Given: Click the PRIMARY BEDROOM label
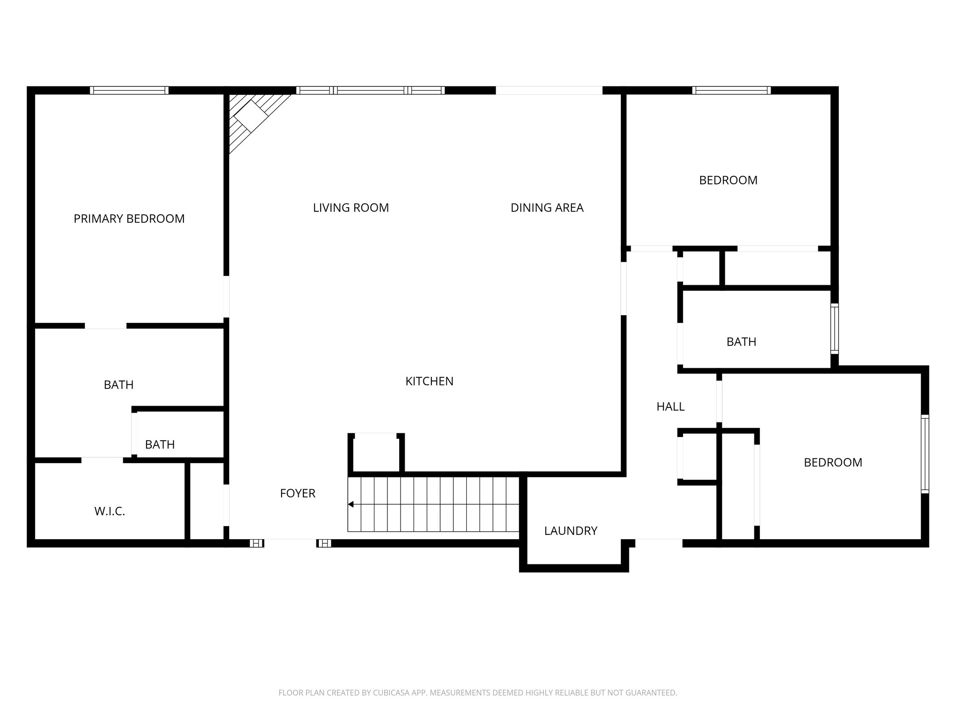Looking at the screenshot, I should coord(129,218).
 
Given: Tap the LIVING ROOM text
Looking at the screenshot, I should coord(351,208).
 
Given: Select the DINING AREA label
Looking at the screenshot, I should coord(547,208).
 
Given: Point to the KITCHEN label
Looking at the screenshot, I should coord(429,381).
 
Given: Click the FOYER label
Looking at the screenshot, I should coord(297,493).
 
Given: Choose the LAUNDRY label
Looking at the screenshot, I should coord(570,531).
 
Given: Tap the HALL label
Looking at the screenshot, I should coord(670,407).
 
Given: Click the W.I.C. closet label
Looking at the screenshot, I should coord(110,512).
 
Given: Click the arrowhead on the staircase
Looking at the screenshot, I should coord(351,504).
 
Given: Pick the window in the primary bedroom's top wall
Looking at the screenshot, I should coord(129,91).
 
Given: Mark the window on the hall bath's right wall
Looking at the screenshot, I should coord(834,328).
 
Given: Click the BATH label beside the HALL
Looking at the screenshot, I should coord(741,342).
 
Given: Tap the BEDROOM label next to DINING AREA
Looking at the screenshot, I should coord(728,180).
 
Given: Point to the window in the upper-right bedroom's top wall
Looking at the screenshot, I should coord(731,91).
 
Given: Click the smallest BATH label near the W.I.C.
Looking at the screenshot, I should coord(160,444).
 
